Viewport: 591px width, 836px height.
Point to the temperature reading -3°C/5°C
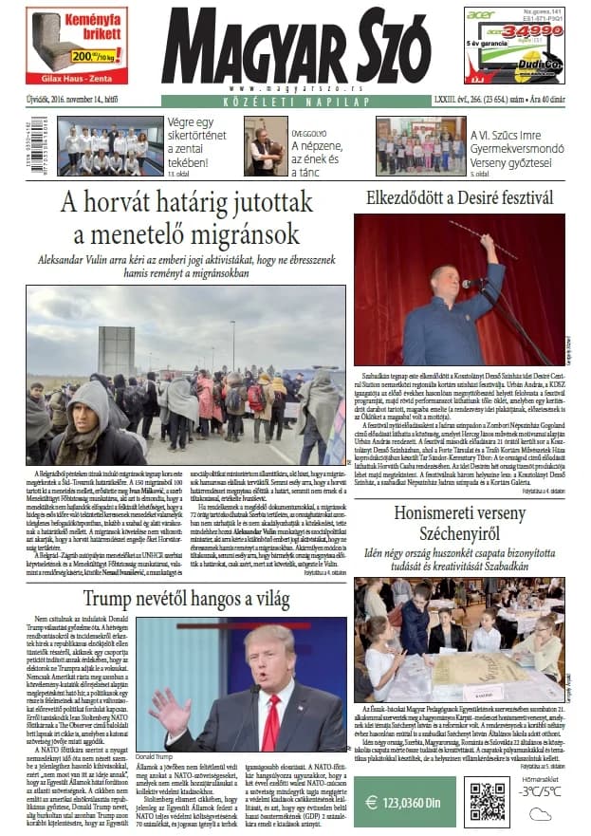[x=542, y=790]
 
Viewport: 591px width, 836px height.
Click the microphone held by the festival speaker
[x=468, y=283]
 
